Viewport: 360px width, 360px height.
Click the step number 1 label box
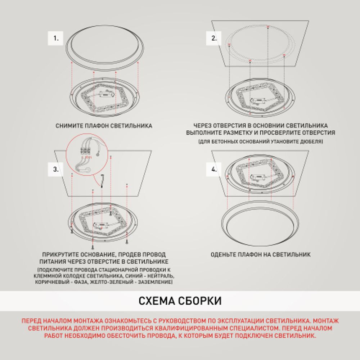click(x=56, y=38)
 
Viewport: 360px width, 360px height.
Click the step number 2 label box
click(x=214, y=38)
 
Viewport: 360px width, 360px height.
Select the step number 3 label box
click(x=56, y=170)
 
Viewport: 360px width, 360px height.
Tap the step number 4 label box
click(x=214, y=169)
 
